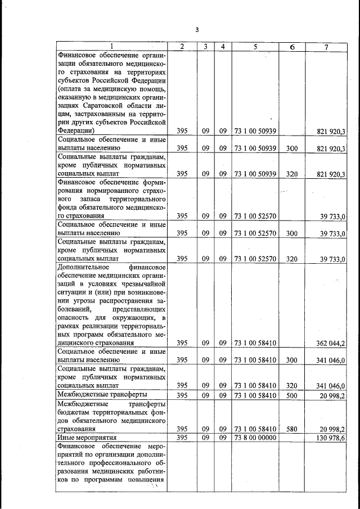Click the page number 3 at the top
(x=197, y=30)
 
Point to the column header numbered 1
(x=111, y=46)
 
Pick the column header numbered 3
(x=206, y=46)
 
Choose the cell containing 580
(x=291, y=428)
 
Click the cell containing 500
(x=291, y=395)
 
